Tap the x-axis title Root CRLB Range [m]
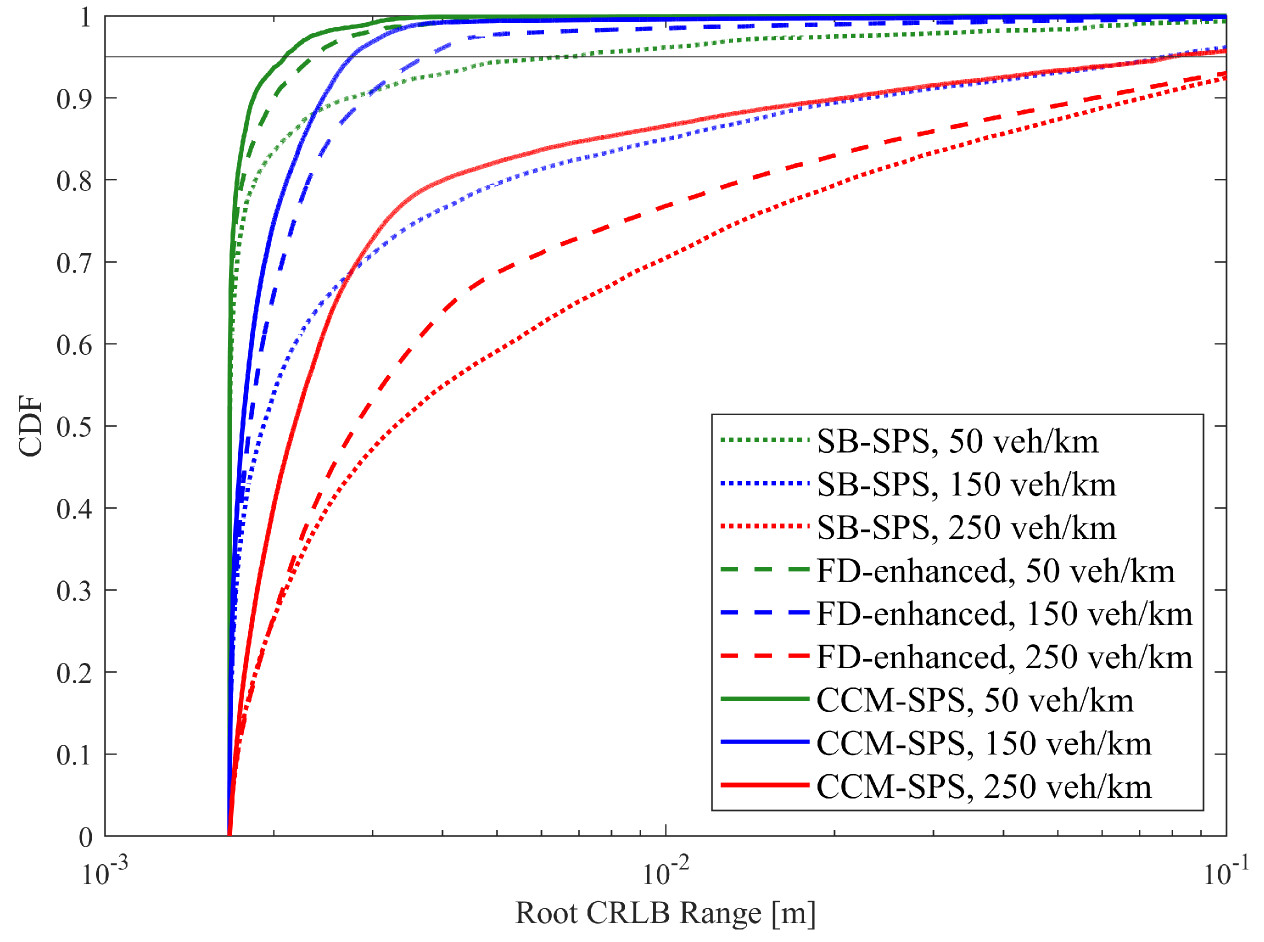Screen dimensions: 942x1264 [665, 913]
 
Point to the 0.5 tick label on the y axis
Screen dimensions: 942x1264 [74, 427]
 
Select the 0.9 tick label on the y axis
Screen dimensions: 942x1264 [74, 99]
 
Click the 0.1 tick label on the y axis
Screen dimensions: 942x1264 [74, 755]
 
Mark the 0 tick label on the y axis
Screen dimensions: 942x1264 [85, 837]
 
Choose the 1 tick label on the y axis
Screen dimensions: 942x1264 [85, 17]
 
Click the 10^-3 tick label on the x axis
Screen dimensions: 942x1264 [105, 872]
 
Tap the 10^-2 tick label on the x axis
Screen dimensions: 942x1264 [665, 872]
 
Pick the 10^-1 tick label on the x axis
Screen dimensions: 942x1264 [1226, 872]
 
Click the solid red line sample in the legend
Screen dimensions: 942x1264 [764, 786]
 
